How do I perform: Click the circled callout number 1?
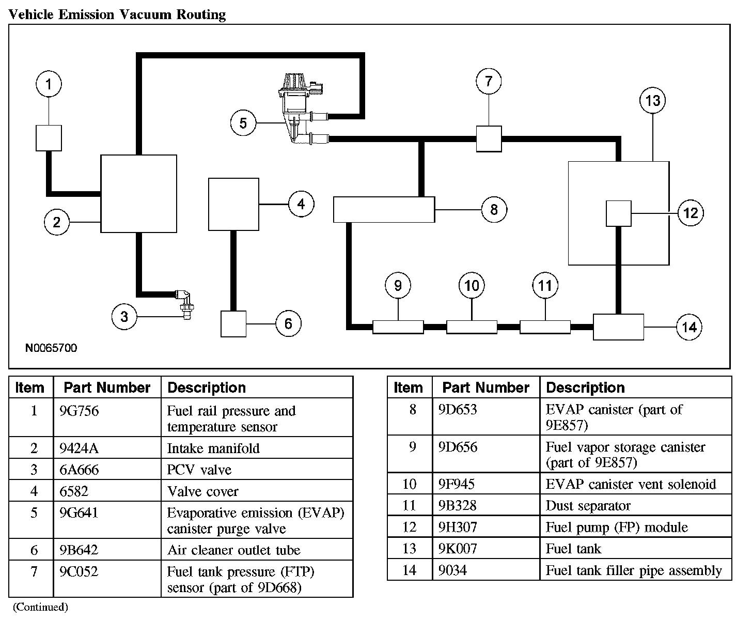(49, 84)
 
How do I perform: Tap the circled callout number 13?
(653, 100)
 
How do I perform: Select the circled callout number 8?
(494, 209)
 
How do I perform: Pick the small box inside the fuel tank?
(618, 213)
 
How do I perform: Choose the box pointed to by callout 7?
(489, 138)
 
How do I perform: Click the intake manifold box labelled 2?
(138, 193)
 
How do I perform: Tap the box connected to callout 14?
(618, 327)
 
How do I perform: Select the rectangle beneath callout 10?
(472, 327)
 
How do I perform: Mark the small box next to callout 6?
(233, 323)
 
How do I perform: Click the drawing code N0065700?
(51, 348)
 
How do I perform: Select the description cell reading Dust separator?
(588, 506)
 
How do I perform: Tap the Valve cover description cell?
(203, 491)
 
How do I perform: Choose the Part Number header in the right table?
(485, 388)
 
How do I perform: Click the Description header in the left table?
(207, 388)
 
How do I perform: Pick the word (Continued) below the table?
(40, 607)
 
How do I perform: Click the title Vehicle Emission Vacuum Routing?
(118, 14)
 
